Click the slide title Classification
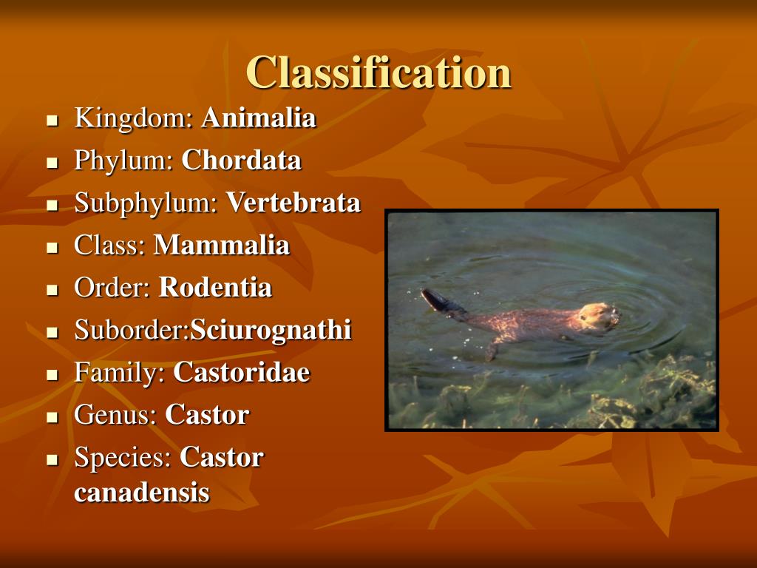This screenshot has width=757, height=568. click(378, 72)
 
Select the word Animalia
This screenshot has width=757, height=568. click(259, 118)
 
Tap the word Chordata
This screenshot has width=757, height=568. click(241, 160)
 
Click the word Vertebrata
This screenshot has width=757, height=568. click(293, 203)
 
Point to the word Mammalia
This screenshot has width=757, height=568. click(221, 246)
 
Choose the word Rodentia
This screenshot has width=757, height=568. click(215, 288)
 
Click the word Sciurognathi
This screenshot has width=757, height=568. click(271, 331)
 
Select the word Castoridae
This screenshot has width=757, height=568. click(241, 373)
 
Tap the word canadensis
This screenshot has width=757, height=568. click(141, 493)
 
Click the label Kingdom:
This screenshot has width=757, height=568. click(134, 118)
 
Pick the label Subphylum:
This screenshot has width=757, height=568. click(146, 203)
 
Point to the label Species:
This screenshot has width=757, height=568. click(123, 458)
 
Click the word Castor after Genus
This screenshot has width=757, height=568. click(206, 415)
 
